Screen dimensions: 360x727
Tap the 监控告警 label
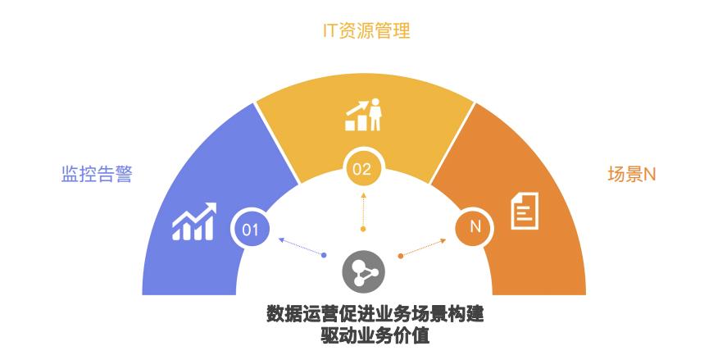pos(97,175)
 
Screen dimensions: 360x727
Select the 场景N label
pos(632,175)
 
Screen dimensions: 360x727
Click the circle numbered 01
pos(251,229)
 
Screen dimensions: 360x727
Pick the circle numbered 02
pos(362,169)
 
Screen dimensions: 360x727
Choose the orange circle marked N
pos(475,227)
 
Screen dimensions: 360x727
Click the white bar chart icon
pos(194,222)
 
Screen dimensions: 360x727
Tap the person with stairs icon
pos(364,115)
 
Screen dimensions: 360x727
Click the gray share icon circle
pos(363,269)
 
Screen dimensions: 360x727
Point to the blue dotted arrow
pos(302,247)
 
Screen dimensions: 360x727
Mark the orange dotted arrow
pos(424,247)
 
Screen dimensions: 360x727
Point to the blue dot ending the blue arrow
pos(325,255)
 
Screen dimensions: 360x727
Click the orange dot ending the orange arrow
pos(400,256)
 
